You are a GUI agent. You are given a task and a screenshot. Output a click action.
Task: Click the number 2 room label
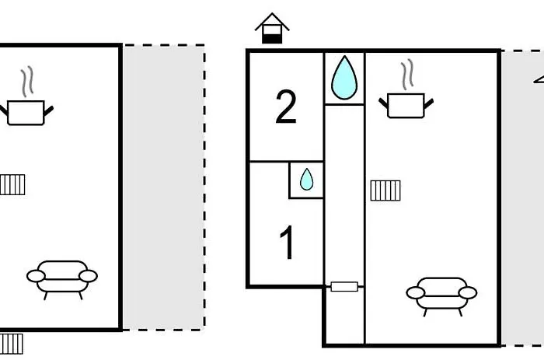[286, 108]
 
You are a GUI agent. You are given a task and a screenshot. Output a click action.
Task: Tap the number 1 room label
[287, 243]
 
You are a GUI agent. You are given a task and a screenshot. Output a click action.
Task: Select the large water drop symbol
[343, 78]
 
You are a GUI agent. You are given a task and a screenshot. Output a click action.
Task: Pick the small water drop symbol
[306, 180]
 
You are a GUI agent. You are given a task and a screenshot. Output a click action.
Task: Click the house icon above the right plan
[272, 29]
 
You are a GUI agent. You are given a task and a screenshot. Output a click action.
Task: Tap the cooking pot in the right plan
[405, 105]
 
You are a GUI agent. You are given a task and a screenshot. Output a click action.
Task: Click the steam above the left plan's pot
[27, 81]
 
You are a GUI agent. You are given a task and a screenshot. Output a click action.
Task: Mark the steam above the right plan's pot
[406, 75]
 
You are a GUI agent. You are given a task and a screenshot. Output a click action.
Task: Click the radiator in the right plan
[385, 190]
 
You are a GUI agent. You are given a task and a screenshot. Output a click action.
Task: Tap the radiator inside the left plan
[12, 184]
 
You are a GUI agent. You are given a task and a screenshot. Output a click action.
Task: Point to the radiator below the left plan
[12, 343]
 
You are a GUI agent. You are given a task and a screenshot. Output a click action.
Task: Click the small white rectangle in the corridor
[343, 287]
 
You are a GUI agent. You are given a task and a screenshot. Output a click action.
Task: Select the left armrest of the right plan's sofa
[417, 293]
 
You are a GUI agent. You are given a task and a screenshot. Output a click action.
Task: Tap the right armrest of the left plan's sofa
[88, 276]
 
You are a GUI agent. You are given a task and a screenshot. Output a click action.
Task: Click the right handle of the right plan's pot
[428, 103]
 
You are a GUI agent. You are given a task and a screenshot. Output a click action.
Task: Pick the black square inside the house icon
[272, 35]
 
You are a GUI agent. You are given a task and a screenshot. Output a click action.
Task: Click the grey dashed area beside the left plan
[163, 187]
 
